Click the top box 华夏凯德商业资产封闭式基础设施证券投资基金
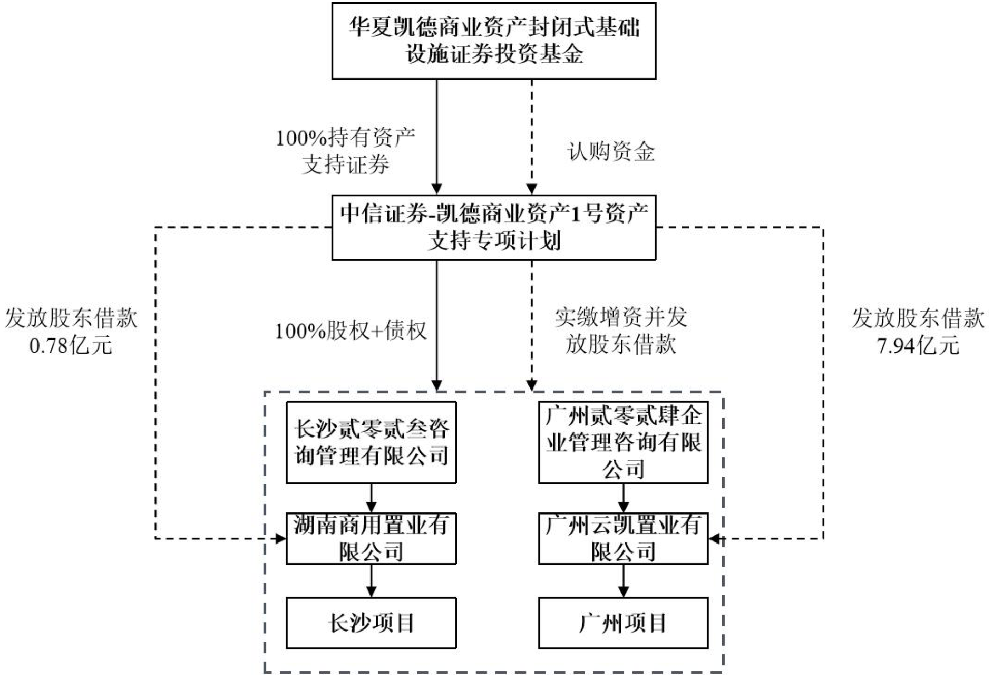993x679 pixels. coord(493,41)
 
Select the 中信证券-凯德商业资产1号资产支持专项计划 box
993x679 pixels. coord(493,228)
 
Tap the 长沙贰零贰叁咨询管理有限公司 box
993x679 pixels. coord(371,442)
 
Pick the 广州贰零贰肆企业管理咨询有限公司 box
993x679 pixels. coord(623,442)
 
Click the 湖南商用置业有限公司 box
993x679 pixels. coord(371,538)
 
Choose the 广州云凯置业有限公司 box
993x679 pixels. coord(623,538)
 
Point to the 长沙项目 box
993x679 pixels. coord(371,623)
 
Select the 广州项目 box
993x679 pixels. coord(623,623)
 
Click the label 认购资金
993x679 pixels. coord(611,152)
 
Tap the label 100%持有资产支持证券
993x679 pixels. coord(346,151)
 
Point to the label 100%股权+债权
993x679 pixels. coord(351,331)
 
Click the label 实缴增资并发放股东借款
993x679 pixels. coord(621,331)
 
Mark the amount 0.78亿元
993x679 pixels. coord(71,346)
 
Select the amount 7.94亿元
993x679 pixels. coord(918,346)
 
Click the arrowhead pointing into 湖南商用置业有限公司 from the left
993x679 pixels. coord(280,538)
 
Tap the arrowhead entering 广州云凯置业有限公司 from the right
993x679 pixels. coord(715,538)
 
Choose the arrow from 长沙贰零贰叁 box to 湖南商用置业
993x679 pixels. coord(371,498)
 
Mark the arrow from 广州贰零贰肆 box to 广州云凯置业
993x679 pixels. coord(623,498)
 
